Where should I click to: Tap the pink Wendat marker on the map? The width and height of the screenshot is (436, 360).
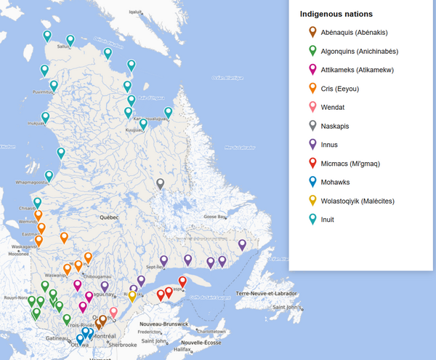click(x=113, y=312)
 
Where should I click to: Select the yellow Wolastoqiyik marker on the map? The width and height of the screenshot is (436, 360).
click(x=132, y=295)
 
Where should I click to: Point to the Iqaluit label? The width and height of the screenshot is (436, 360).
click(x=136, y=12)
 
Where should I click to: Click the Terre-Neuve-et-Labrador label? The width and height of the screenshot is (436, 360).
click(x=267, y=292)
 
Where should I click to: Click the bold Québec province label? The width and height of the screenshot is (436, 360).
click(x=109, y=217)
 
